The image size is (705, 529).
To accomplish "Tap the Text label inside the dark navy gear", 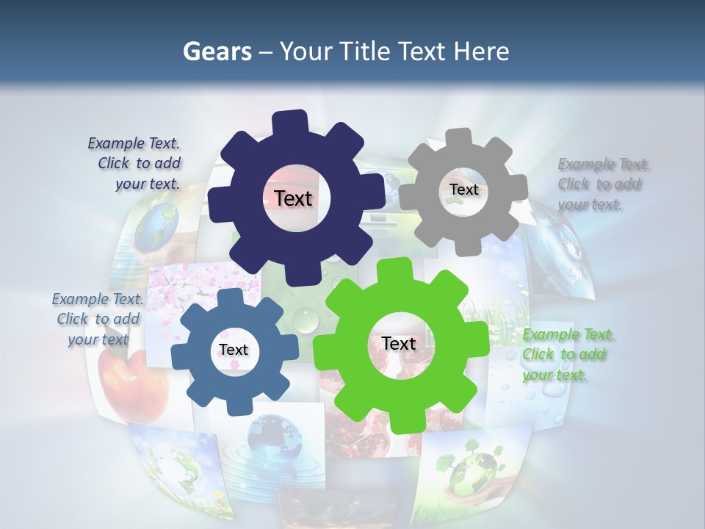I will coord(294,198).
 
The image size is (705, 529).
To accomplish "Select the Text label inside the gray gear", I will coord(463,190).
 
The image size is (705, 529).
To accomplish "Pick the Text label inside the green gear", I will coord(399,343).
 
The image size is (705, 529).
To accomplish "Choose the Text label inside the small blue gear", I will coord(234,350).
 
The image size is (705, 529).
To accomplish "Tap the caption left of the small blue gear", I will coord(97,319).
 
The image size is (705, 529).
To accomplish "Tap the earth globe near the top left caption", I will coord(156,224).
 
